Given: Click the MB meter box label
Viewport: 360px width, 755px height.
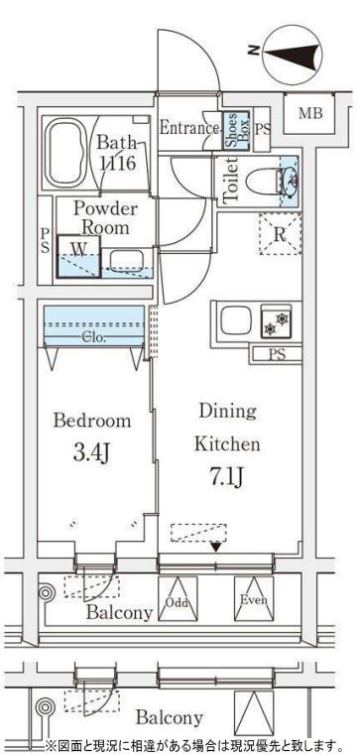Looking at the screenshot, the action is pos(310,114).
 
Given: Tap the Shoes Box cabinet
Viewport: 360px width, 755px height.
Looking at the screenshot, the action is pos(236,132).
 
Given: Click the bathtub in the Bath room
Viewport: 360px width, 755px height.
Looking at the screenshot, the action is pos(66,153).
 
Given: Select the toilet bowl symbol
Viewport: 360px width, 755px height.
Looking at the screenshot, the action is pos(262,182).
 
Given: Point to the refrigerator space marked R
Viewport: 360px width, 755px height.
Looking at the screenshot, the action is pos(280,233).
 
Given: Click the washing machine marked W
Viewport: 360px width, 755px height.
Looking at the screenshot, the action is pos(79,256).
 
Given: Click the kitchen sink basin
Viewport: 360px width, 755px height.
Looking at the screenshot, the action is pos(235,319).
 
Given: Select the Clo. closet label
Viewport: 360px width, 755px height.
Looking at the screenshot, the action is pos(94,338).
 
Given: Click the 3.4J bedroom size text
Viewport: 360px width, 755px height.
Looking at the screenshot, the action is pos(92,453).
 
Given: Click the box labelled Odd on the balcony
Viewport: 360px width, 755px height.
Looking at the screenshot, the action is pos(179,598).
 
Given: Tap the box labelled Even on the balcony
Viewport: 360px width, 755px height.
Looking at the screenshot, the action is pos(254,598).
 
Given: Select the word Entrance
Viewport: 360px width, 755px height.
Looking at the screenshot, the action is pos(189,128).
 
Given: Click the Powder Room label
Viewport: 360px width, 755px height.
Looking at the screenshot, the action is pos(105,218).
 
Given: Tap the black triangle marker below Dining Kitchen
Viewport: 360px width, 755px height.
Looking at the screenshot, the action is pos(216,547).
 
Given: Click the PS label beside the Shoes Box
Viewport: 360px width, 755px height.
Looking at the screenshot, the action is pos(262,129).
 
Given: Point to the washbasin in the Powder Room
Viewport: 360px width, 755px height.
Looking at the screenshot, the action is pos(126,261).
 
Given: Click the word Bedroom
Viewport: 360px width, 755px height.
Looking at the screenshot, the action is pos(92,421).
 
